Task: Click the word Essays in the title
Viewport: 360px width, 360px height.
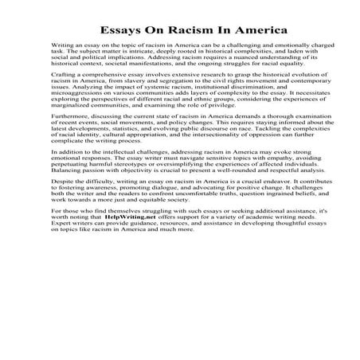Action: [x=121, y=30]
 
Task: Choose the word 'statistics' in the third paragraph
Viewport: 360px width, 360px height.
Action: [x=130, y=154]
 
